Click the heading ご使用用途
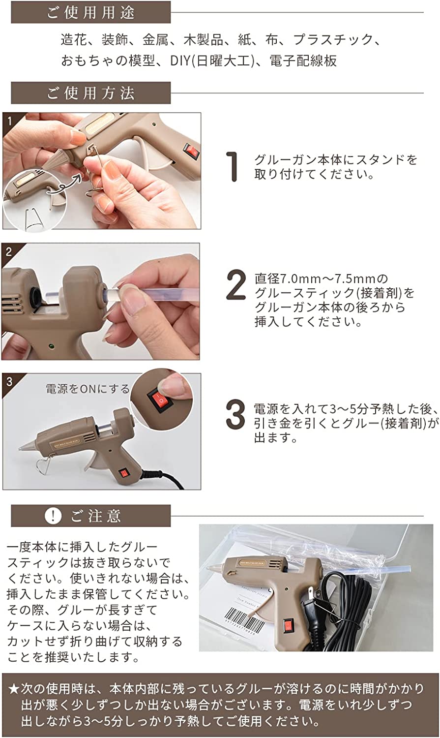pos(90,12)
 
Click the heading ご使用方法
pos(90,93)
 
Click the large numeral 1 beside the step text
pos(233,167)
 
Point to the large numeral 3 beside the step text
pos(235,414)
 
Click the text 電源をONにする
pos(88,389)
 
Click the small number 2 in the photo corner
pos(8,252)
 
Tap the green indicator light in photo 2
pos(51,346)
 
